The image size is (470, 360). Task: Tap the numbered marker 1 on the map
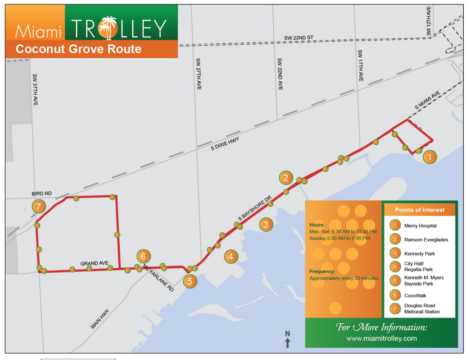430,157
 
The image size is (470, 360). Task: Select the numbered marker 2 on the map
285,178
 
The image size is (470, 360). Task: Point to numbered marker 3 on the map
266,224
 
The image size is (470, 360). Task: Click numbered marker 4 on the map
231,257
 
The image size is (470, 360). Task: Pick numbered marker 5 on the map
190,281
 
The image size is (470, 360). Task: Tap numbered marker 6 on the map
143,256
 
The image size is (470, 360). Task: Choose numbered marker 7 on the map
38,207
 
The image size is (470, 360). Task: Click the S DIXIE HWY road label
225,144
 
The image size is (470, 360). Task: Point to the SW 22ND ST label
298,38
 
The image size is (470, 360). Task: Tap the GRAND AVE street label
95,263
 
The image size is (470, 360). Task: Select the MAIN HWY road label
100,319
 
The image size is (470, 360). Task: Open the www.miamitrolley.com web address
381,339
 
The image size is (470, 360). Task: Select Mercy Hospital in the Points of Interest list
420,226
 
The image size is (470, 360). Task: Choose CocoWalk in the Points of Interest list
415,296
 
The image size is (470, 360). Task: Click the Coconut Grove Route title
78,49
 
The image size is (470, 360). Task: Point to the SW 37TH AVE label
35,90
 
